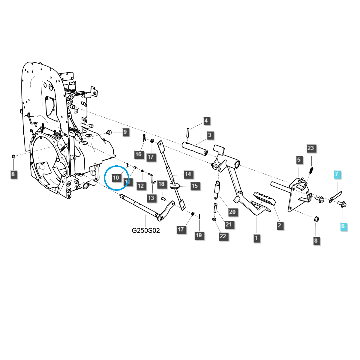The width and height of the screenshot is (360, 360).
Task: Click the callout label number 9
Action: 125,132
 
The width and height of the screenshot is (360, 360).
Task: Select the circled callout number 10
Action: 116,178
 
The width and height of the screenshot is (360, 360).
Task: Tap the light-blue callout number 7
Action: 336,174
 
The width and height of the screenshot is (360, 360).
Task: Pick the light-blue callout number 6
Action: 343,226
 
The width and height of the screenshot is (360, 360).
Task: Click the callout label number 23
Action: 310,148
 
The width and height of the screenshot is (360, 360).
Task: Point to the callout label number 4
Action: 206,121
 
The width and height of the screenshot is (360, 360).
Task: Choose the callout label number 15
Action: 195,186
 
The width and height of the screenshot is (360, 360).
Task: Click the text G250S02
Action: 145,230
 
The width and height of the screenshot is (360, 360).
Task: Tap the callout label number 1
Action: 256,238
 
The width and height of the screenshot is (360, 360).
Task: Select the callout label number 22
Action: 223,236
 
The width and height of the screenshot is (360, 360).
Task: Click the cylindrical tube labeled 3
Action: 195,148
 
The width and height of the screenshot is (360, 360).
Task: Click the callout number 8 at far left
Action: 13,174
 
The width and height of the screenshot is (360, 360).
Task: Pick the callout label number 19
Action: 199,235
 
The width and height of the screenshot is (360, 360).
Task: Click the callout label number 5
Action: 298,160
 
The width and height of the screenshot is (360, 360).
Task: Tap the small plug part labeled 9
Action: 109,132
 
